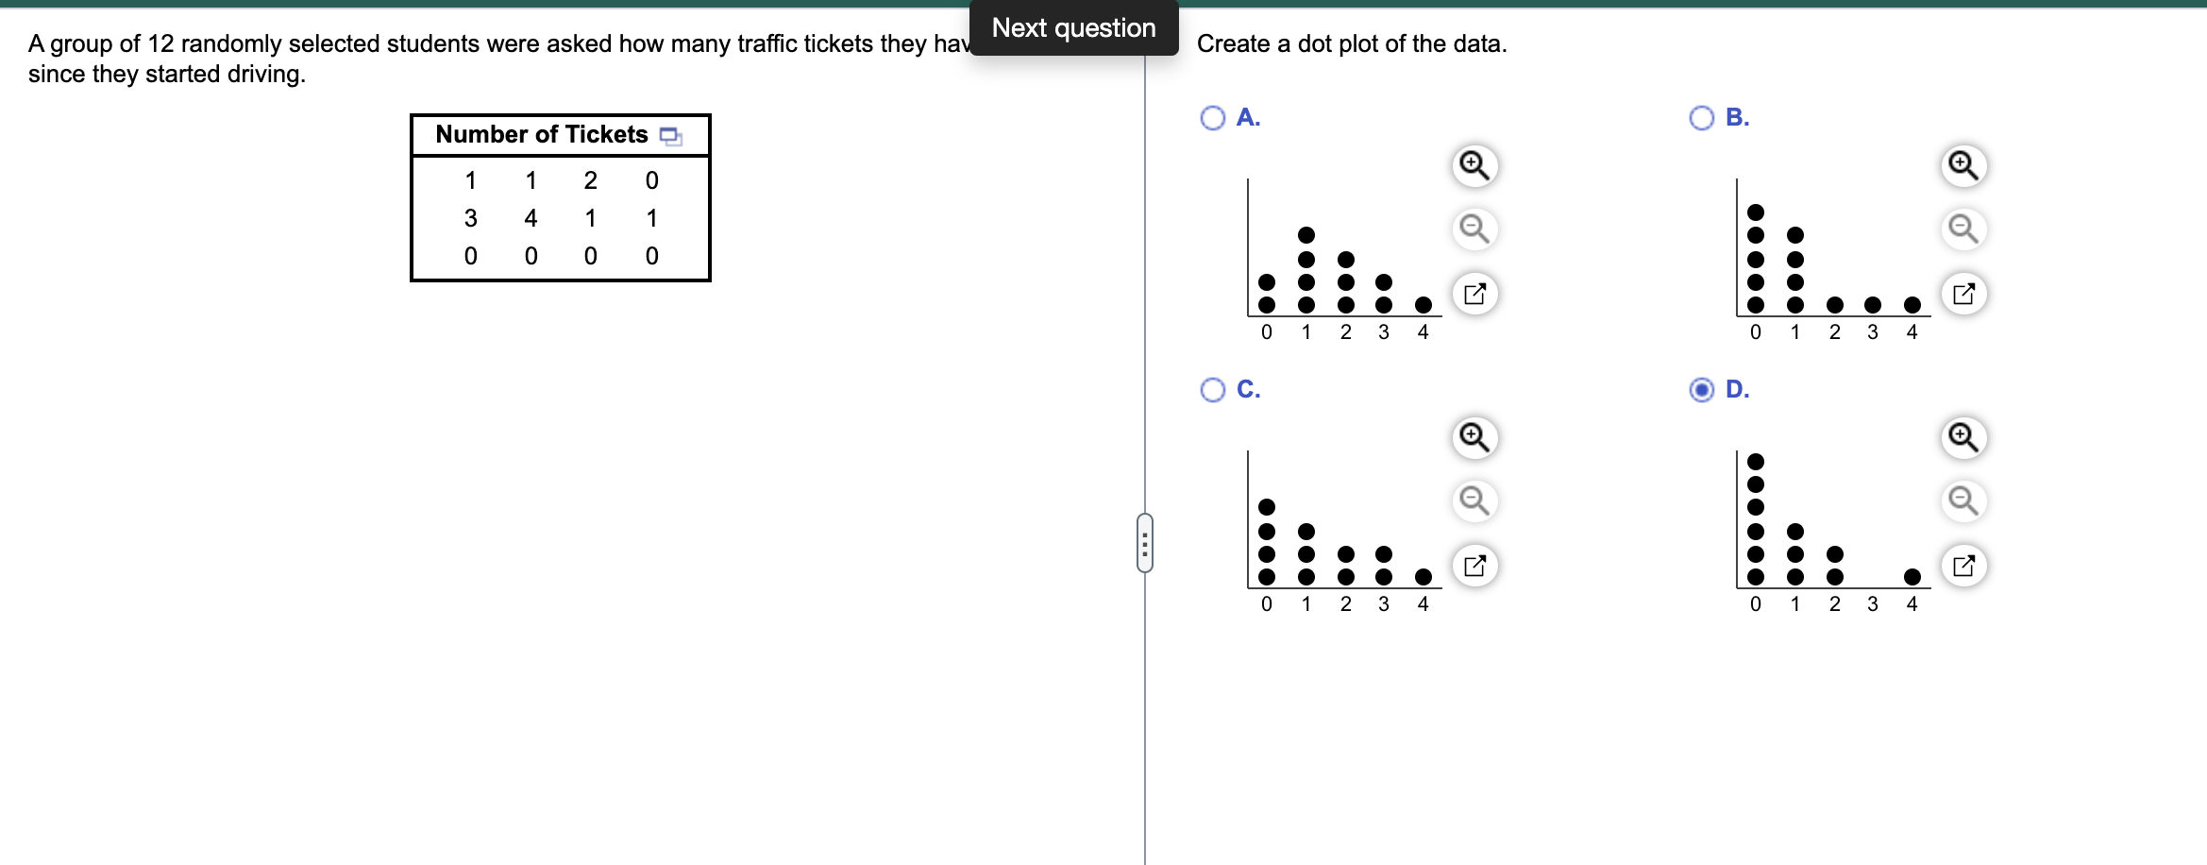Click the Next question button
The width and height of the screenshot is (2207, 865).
1073,28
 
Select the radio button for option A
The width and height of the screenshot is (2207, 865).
1213,118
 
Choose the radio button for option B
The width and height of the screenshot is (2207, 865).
1702,118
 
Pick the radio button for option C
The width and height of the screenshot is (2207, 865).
1213,390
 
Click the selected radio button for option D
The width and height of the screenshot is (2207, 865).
1702,390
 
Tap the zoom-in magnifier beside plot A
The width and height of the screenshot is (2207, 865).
1474,165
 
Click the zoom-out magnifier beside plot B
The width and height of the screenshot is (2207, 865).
1963,229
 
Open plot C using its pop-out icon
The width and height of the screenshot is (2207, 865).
1474,566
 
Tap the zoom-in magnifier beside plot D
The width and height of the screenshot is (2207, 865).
1963,437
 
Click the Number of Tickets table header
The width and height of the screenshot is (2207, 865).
542,135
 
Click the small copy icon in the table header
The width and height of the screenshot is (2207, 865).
670,136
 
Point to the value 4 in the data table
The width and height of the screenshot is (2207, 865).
531,218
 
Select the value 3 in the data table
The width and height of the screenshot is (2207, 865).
470,218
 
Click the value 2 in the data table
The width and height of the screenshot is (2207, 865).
590,180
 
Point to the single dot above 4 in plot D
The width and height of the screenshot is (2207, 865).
1912,576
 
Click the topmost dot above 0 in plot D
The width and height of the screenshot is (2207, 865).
1756,462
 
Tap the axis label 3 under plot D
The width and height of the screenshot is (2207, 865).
1873,604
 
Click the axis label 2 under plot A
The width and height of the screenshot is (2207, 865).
1346,332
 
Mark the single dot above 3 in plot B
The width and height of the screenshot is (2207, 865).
1873,304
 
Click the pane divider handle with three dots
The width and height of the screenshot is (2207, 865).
1145,543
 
